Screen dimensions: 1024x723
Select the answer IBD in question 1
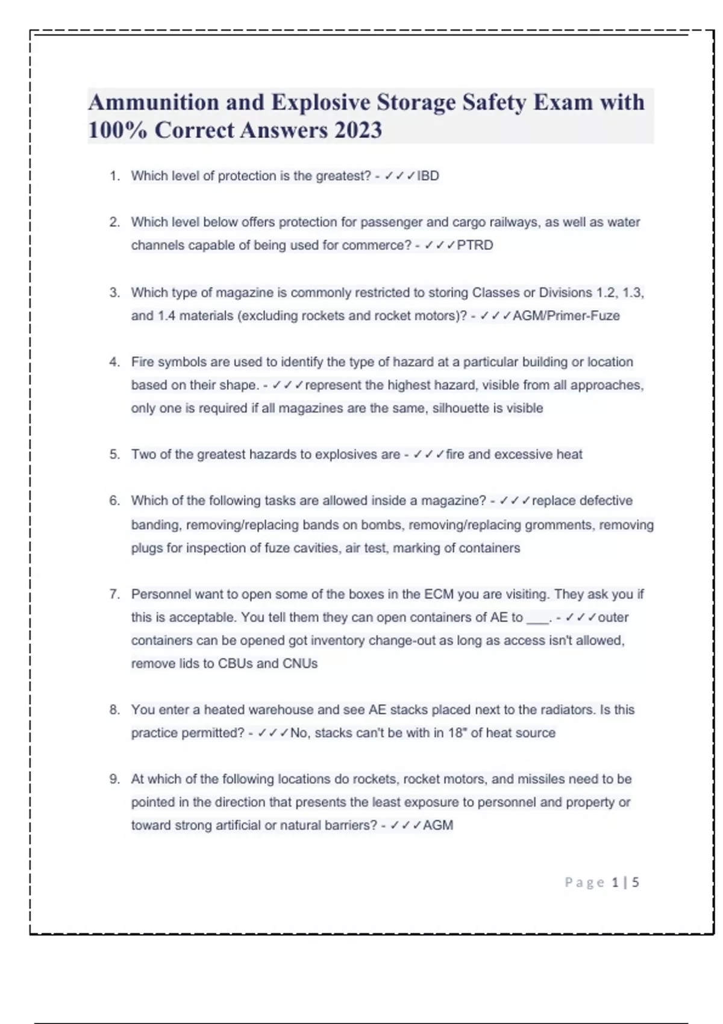pos(428,176)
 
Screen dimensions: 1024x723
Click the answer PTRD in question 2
pos(475,245)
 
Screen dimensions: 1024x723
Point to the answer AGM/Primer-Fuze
pos(566,316)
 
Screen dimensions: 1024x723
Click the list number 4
pos(114,362)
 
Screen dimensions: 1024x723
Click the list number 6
pos(114,501)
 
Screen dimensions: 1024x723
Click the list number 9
pos(114,779)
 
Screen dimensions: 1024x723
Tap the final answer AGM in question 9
pos(438,825)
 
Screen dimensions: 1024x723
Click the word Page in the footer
pos(584,882)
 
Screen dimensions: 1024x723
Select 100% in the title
pos(117,130)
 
